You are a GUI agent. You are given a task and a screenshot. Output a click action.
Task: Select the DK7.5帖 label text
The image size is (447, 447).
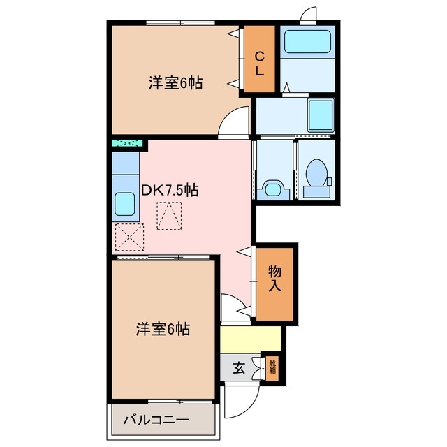[170, 190]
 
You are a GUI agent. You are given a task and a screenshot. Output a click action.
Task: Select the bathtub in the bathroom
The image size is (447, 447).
[308, 44]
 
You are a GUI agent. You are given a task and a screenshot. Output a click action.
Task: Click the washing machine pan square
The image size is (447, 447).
[321, 113]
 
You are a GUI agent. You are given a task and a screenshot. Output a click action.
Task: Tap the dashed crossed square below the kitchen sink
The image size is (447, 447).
[129, 237]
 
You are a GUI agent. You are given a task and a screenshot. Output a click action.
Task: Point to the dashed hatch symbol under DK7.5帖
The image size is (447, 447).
[169, 216]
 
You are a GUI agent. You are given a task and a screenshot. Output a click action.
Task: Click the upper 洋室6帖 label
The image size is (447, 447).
[175, 83]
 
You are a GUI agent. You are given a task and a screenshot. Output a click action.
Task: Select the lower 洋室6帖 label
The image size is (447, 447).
[163, 328]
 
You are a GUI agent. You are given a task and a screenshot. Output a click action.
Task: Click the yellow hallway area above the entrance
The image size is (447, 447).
[251, 339]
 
